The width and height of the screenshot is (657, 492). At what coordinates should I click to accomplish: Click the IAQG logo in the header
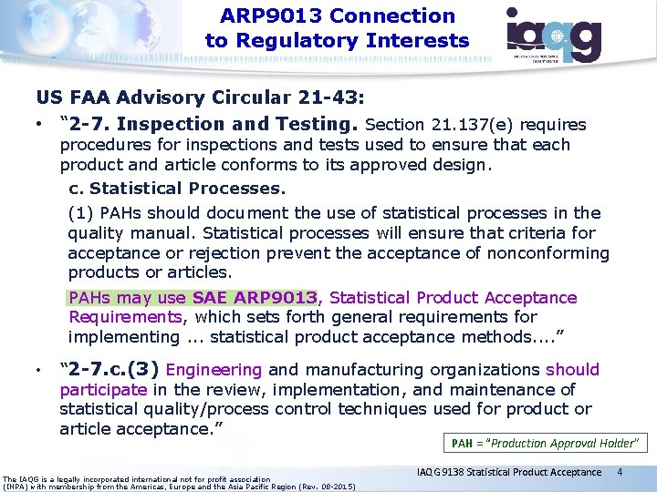click(554, 34)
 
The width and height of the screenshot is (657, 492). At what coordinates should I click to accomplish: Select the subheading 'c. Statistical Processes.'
click(177, 189)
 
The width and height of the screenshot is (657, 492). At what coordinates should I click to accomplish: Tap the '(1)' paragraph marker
click(80, 213)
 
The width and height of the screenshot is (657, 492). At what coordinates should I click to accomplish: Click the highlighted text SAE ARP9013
click(255, 298)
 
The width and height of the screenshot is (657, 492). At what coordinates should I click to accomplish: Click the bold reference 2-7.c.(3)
click(109, 370)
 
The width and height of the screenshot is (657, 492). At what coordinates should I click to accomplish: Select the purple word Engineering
click(214, 370)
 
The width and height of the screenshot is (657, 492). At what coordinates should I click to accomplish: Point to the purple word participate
click(102, 390)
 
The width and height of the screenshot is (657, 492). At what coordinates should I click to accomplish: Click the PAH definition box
click(544, 444)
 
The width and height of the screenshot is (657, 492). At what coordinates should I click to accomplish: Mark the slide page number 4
click(620, 472)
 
